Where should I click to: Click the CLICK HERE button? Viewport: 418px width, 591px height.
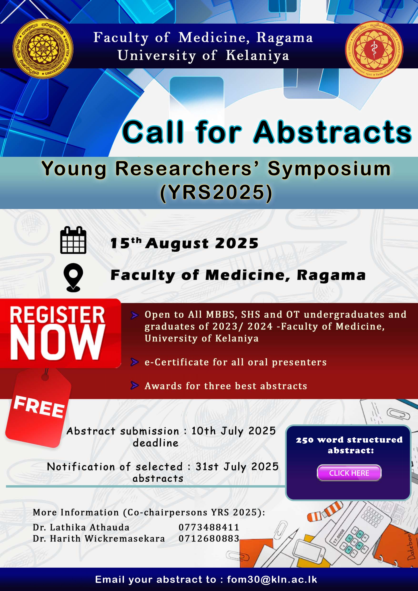[349, 473]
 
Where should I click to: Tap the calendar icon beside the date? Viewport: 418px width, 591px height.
[73, 240]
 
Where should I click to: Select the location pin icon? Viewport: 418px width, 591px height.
[73, 277]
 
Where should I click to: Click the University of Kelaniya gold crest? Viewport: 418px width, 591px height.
[43, 49]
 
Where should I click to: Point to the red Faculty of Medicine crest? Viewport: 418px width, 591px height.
[374, 50]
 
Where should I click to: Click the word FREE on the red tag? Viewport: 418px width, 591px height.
[39, 407]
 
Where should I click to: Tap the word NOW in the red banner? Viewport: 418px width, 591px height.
[58, 342]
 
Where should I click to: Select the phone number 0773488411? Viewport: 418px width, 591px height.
[209, 527]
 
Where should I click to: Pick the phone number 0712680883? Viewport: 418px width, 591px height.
[209, 539]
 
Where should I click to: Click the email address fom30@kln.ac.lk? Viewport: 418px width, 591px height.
[272, 579]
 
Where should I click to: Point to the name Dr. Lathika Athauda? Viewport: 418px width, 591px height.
[81, 527]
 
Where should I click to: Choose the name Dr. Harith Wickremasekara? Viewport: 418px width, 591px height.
[99, 539]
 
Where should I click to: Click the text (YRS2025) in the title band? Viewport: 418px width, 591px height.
[216, 192]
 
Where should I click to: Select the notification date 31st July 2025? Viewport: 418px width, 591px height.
[237, 467]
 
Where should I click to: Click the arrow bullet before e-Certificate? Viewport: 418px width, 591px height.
[135, 362]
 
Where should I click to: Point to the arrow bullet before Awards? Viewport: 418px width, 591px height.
[135, 386]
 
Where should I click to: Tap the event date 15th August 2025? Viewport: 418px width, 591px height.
[184, 243]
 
